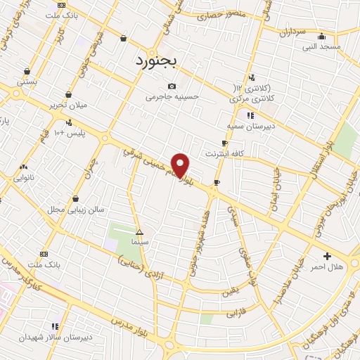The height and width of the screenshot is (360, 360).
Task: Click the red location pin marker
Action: [x=181, y=165]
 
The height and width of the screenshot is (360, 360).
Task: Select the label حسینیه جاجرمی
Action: [x=173, y=96]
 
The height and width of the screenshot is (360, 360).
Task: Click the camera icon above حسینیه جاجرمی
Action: [x=172, y=86]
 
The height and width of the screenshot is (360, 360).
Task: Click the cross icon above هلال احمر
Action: [x=326, y=256]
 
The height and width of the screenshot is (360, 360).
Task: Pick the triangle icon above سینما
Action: [x=139, y=231]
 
